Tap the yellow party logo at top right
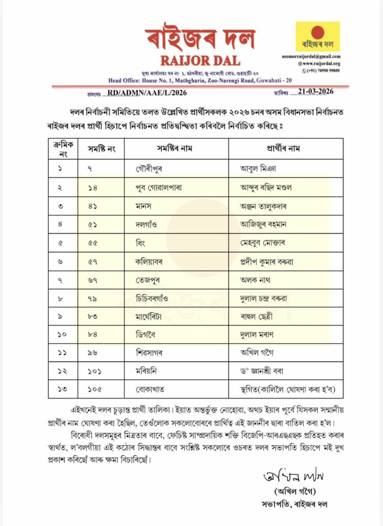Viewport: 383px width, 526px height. click(317, 36)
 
